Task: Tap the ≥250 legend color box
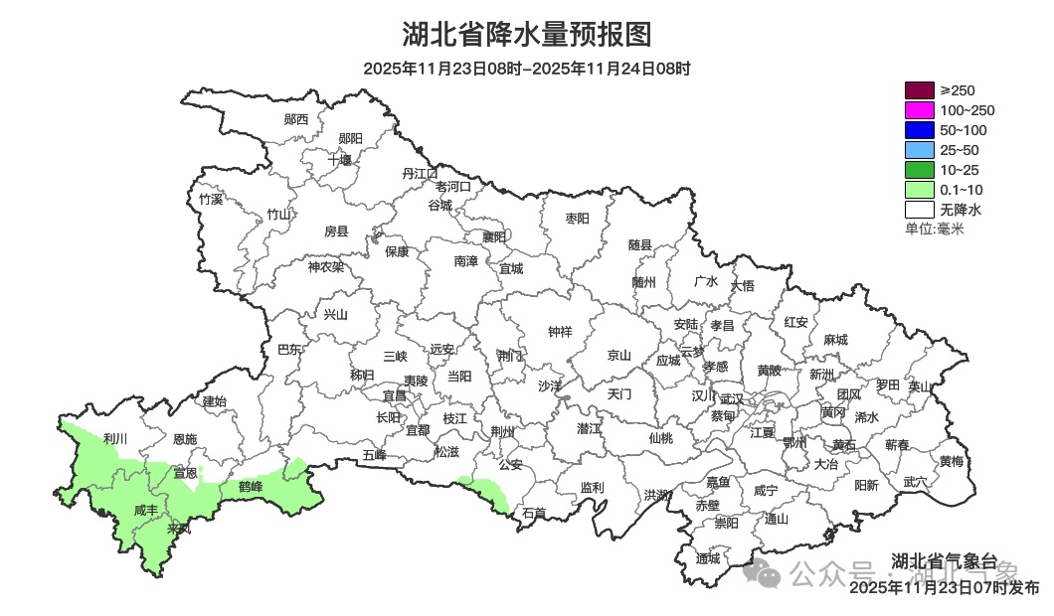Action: [919, 90]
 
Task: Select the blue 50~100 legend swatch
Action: [919, 130]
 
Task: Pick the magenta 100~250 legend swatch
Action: [919, 110]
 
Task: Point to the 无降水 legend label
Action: [961, 210]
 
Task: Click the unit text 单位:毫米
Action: [934, 230]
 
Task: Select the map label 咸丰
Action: [146, 510]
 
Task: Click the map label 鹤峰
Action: [251, 487]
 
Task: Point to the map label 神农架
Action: [325, 266]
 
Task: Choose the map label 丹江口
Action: [420, 173]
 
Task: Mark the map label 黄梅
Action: [952, 461]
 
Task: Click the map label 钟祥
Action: [561, 332]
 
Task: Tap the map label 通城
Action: [708, 558]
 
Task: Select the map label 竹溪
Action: [211, 199]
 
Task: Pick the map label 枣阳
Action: [577, 218]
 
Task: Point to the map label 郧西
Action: [296, 119]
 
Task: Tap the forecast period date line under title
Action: [526, 69]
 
